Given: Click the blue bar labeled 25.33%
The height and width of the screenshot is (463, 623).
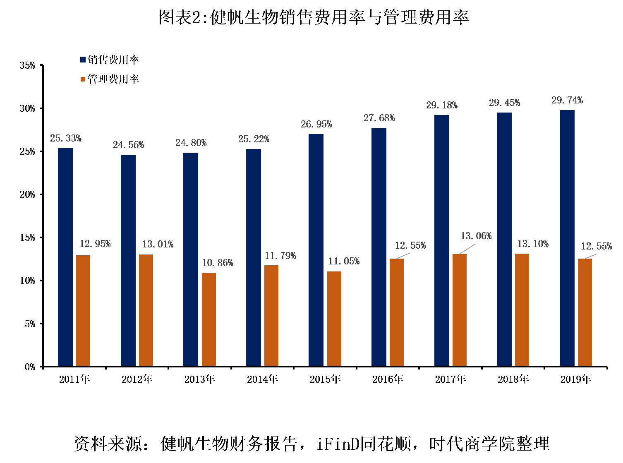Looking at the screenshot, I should pos(65,257).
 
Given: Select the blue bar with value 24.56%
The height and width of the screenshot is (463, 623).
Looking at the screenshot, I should pos(128,260).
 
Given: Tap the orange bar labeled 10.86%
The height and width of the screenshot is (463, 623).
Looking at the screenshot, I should pos(209,319).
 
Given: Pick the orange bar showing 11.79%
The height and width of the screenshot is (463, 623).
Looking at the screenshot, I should pos(271,315).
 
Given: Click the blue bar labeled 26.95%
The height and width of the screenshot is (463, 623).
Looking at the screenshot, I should pos(316,249).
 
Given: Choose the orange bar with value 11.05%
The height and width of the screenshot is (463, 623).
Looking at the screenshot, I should pos(334,318).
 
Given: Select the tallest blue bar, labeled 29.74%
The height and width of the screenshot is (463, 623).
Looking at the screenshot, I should pos(567,237).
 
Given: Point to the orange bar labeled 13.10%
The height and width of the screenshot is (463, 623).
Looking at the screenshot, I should pos(522,309).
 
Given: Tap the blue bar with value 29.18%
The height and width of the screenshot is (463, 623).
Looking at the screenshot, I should pos(442,240).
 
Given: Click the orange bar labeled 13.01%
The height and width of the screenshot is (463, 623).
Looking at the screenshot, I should pos(146,310).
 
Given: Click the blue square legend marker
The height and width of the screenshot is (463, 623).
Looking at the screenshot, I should pos(83,60).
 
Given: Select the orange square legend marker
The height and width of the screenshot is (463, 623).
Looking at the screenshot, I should pos(83,79).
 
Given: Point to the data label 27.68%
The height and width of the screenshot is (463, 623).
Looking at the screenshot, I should pos(379,118).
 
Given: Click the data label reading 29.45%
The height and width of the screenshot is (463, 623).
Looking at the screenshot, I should pos(504,103).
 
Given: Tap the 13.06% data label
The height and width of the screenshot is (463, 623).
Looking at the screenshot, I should pos(476,236).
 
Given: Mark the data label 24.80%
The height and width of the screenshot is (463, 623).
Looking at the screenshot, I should pos(191,143).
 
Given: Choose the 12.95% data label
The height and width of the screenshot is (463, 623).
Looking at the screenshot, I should pos(95,244).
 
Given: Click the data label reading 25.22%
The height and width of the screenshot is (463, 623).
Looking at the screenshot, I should pos(254,139).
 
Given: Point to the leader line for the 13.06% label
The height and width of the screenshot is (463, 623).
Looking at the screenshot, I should pos(467,249).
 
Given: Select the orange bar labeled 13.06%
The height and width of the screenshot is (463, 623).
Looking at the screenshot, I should pos(460,309).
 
